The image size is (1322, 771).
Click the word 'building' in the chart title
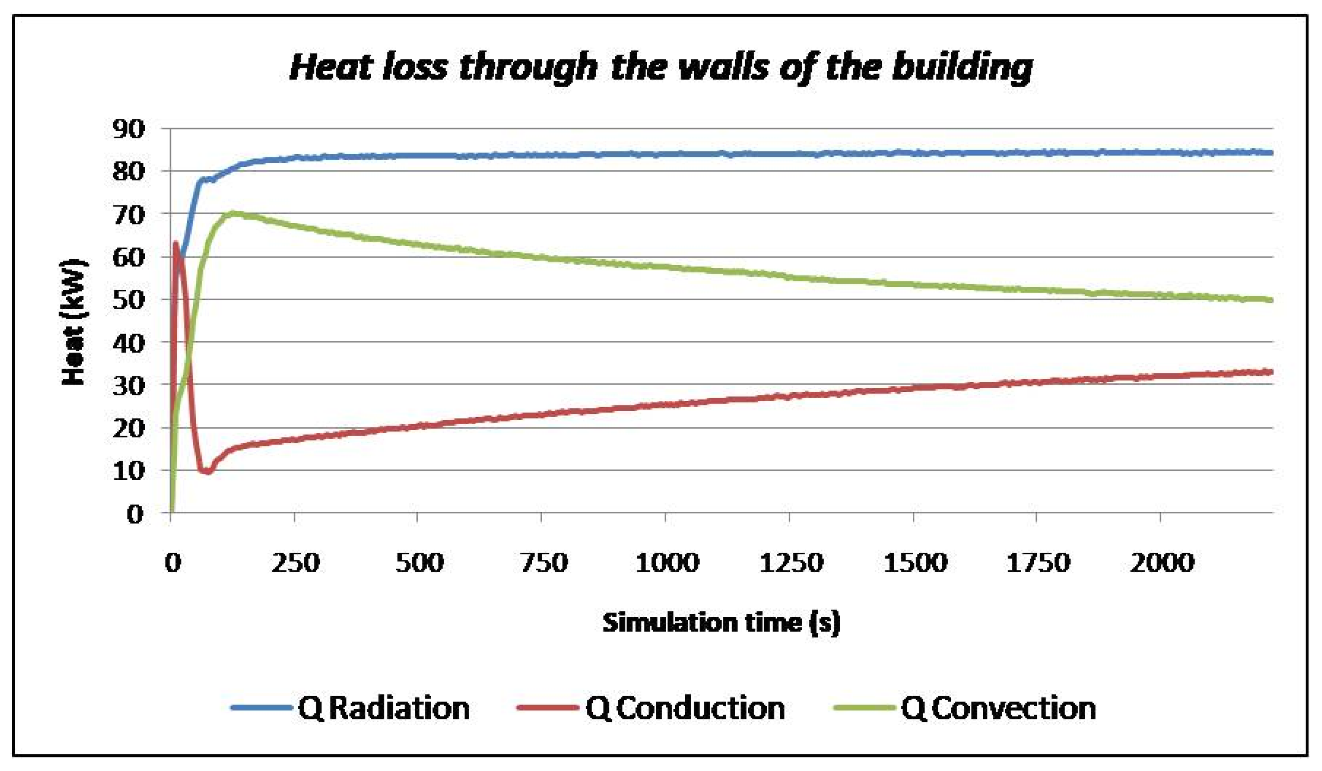[x=962, y=68]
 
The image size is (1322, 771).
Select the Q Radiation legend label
[x=383, y=709]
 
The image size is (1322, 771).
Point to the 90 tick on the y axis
[x=128, y=129]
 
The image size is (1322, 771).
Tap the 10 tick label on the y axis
[x=128, y=471]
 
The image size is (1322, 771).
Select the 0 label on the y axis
[x=135, y=514]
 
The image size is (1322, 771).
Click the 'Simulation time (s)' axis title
[x=721, y=623]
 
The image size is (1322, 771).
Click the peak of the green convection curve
[x=231, y=213]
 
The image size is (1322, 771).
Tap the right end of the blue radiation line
[x=1271, y=153]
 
